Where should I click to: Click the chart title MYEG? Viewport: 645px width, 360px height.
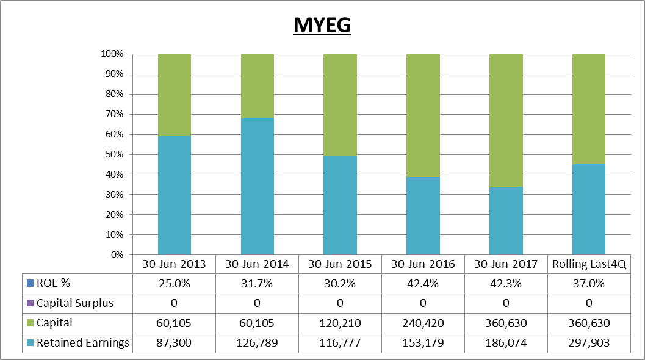point(322,25)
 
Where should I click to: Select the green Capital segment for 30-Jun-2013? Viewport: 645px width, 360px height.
point(175,95)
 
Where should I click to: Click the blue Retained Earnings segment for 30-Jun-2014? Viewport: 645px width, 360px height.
point(258,186)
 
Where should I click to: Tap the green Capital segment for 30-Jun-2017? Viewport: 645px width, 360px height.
point(506,120)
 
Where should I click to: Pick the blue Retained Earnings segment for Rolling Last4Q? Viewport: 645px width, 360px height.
point(589,209)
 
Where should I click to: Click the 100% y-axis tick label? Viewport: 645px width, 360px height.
point(112,54)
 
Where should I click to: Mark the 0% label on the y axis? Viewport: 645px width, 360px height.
point(117,254)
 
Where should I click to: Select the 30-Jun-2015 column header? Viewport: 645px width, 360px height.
point(340,264)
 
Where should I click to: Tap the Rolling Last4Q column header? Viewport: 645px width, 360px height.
point(589,264)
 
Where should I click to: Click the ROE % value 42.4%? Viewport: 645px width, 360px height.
point(423,284)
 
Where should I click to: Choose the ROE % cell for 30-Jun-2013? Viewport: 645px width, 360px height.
point(174,284)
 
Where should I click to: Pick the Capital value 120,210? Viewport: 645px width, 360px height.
point(340,323)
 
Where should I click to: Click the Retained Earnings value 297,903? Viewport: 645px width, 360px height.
point(589,343)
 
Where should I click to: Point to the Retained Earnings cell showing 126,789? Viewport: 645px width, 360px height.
point(257,343)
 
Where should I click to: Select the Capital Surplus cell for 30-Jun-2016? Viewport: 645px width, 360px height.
point(423,303)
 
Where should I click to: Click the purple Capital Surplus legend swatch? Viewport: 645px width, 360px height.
point(30,303)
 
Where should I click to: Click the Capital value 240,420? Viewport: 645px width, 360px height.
point(423,323)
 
